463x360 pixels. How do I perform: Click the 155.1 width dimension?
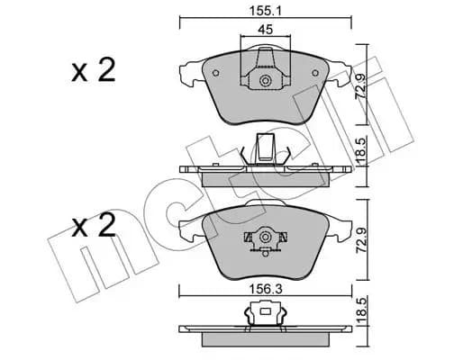[x=265, y=12]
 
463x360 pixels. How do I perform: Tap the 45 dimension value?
[x=266, y=30]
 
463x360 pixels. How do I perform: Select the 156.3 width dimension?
[x=266, y=290]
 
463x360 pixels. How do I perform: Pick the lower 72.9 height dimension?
[x=360, y=241]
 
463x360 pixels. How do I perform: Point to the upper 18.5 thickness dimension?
[x=360, y=151]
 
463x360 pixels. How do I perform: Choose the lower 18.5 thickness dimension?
[x=360, y=311]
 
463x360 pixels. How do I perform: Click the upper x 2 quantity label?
[x=94, y=71]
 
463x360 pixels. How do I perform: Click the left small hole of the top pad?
[x=215, y=73]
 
